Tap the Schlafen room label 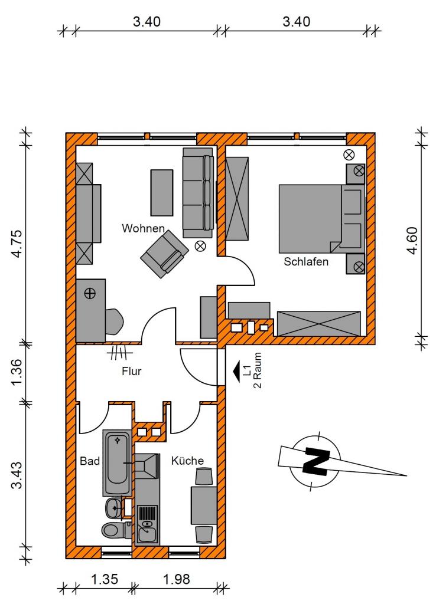(x=306, y=261)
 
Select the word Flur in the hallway (x=132, y=372)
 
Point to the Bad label (x=90, y=461)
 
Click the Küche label (x=187, y=460)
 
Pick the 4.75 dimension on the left (x=17, y=244)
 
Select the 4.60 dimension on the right (x=412, y=241)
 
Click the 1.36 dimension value (x=17, y=373)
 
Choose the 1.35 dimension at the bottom (x=104, y=579)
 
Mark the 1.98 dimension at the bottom (x=176, y=579)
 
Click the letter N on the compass (x=316, y=460)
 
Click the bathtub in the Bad (x=118, y=462)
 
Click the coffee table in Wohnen (x=162, y=193)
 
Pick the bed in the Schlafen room (x=322, y=219)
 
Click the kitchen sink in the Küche (x=147, y=533)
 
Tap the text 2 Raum (x=258, y=370)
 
